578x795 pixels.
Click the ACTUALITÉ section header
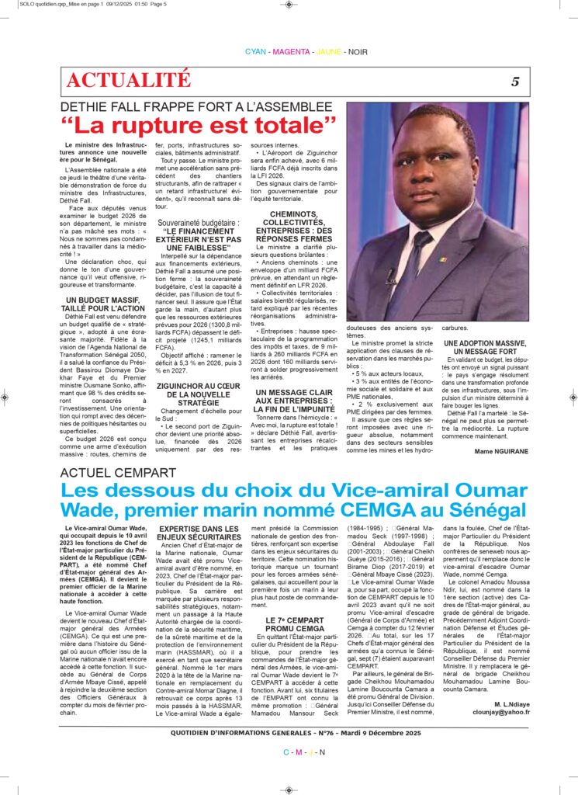(x=129, y=79)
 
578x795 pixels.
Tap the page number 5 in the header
(x=514, y=82)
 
